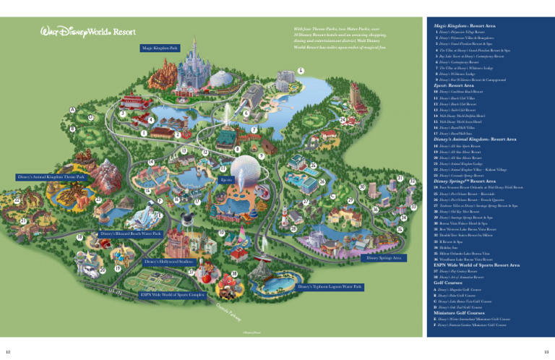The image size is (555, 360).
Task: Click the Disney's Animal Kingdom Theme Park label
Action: (51, 178)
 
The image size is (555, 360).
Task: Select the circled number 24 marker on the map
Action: (340, 120)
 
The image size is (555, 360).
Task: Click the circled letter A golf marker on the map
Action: (72, 110)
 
